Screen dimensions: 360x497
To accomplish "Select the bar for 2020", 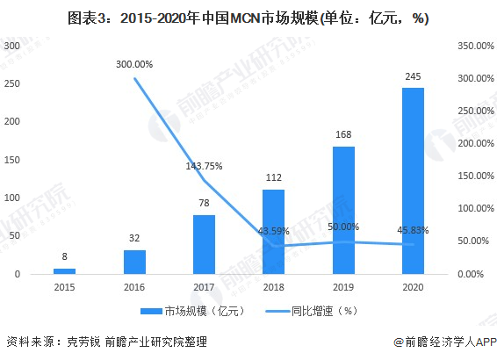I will pyautogui.click(x=412, y=181).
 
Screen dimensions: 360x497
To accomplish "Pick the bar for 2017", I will pyautogui.click(x=204, y=244).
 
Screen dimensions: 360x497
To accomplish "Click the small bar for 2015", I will pyautogui.click(x=65, y=271).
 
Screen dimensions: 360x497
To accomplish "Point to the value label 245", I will pyautogui.click(x=412, y=77).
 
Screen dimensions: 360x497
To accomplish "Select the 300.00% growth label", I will pyautogui.click(x=134, y=64).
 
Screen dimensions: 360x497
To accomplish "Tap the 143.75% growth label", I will pyautogui.click(x=204, y=166).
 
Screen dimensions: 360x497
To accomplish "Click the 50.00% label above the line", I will pyautogui.click(x=342, y=227).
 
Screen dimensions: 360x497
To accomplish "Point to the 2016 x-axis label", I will pyautogui.click(x=134, y=287).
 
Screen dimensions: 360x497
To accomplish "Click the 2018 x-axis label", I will pyautogui.click(x=273, y=287).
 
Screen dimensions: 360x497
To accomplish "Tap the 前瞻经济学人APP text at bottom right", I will pyautogui.click(x=447, y=343).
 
